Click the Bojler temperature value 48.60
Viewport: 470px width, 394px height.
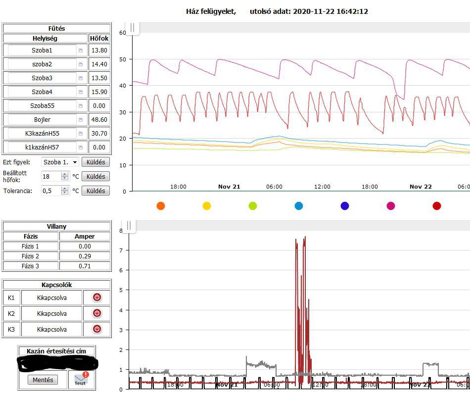[x=99, y=119]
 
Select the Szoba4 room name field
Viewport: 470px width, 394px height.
[x=42, y=92]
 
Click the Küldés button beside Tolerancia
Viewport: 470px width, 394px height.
[x=95, y=191]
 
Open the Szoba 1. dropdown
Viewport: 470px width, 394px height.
[x=60, y=162]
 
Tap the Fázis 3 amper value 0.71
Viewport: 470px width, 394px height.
[x=85, y=266]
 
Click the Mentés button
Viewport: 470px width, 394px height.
[x=43, y=380]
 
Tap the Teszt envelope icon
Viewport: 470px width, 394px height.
[x=81, y=379]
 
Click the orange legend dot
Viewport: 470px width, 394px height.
[x=160, y=206]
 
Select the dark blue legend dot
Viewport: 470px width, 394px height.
[x=345, y=206]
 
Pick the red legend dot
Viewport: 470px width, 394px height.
[x=437, y=206]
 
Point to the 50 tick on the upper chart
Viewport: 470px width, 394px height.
[x=123, y=59]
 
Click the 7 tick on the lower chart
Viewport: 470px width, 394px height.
[x=121, y=250]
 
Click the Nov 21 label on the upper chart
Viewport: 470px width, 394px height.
[x=229, y=187]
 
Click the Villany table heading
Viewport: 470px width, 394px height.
[x=56, y=226]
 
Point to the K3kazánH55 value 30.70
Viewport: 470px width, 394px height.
[x=99, y=133]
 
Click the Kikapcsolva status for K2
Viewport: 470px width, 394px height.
[x=52, y=313]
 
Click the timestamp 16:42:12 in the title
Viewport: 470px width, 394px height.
[x=352, y=11]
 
